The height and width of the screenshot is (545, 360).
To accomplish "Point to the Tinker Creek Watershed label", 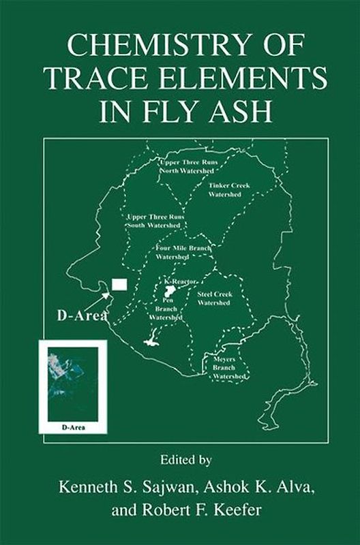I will [x=226, y=189].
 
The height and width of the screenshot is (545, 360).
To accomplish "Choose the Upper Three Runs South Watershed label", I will [x=155, y=220].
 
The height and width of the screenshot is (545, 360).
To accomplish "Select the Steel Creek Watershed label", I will [x=213, y=298].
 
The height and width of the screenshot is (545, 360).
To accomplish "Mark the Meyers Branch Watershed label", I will [x=224, y=368].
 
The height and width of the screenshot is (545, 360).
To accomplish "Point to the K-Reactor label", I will [x=181, y=281].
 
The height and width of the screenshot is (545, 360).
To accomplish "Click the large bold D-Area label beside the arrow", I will [x=80, y=317].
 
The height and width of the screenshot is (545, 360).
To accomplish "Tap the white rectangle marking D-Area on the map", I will [x=119, y=284].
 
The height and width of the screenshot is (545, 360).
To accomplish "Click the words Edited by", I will [x=179, y=460].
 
